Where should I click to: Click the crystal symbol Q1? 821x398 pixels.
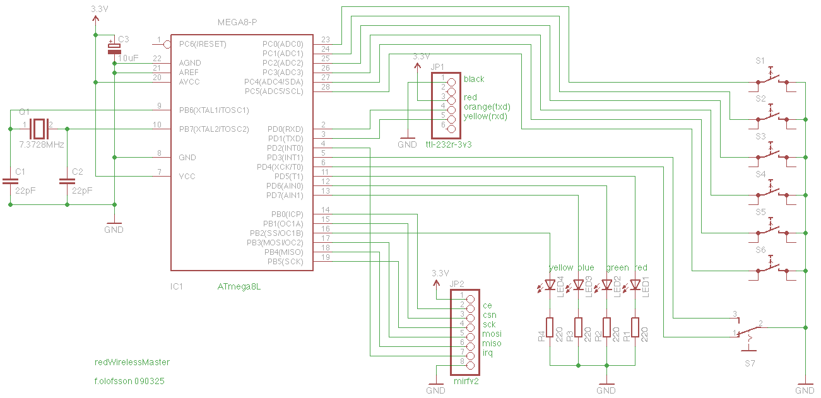(39, 129)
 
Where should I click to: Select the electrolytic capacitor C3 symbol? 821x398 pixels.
(114, 49)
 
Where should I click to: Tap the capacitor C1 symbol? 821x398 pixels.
(10, 181)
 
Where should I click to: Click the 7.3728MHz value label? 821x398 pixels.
(42, 145)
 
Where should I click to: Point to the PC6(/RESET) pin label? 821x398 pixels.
(203, 44)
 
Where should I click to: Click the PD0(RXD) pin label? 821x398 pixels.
(285, 129)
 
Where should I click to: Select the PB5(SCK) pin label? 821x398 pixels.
(285, 262)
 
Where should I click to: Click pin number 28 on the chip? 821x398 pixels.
(326, 87)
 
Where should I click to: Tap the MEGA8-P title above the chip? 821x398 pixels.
(237, 22)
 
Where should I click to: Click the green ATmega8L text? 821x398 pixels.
(239, 286)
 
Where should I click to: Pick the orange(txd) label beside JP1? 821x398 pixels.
(487, 107)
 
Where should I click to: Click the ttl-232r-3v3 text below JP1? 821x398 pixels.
(449, 145)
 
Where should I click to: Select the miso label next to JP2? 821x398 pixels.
(492, 343)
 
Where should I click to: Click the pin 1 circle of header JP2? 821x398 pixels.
(471, 300)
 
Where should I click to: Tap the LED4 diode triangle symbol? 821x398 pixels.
(550, 284)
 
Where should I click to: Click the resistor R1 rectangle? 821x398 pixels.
(635, 327)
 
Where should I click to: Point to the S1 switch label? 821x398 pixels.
(760, 61)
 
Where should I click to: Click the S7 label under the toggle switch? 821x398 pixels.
(750, 363)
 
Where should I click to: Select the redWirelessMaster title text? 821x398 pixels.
(132, 362)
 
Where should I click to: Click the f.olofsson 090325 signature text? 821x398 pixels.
(129, 381)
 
